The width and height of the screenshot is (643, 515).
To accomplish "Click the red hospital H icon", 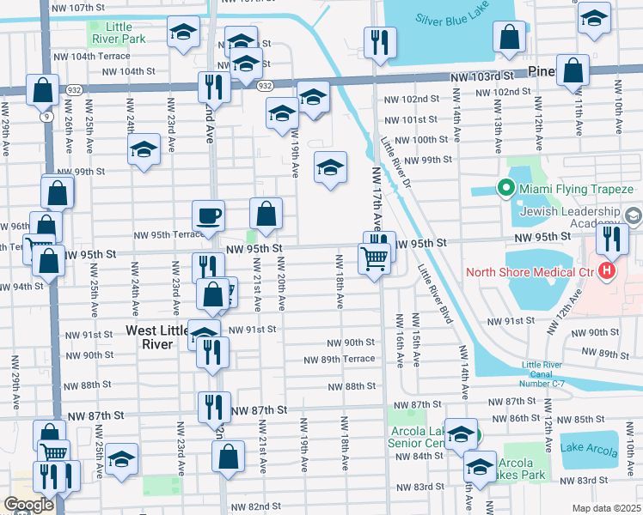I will click(x=608, y=273).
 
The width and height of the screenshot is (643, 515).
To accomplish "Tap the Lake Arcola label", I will click(x=590, y=447).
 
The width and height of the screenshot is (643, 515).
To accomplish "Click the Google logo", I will click(x=28, y=505).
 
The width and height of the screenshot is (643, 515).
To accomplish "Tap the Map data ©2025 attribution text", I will click(x=606, y=508).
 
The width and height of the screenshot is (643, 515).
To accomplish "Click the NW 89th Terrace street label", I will click(x=345, y=359).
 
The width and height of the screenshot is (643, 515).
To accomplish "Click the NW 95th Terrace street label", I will click(x=168, y=234).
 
